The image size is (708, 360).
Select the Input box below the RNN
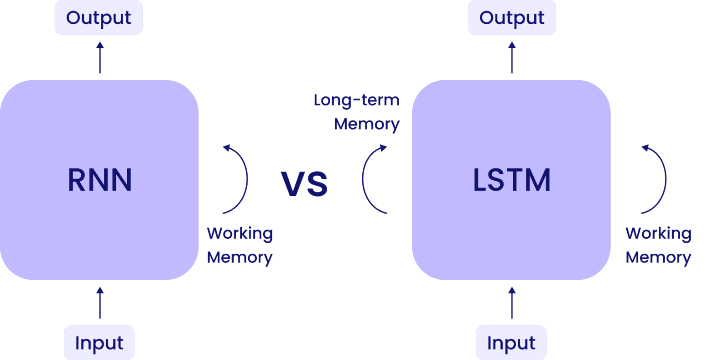pos(99,343)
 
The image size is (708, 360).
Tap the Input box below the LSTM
pos(511,343)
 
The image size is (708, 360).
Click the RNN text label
pos(100,180)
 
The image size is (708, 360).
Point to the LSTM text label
pos(512,180)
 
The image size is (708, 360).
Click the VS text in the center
pos(304,184)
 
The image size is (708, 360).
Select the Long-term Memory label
pos(357,112)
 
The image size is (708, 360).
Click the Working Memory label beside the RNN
pos(239,245)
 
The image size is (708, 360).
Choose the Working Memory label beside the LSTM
pos(658,245)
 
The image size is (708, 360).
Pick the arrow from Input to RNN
pos(100,303)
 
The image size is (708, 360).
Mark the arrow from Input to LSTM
pos(512,303)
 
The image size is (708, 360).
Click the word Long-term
pos(357,100)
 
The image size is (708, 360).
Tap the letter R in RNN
pos(76,180)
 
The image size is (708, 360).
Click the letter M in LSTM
pos(538,180)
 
